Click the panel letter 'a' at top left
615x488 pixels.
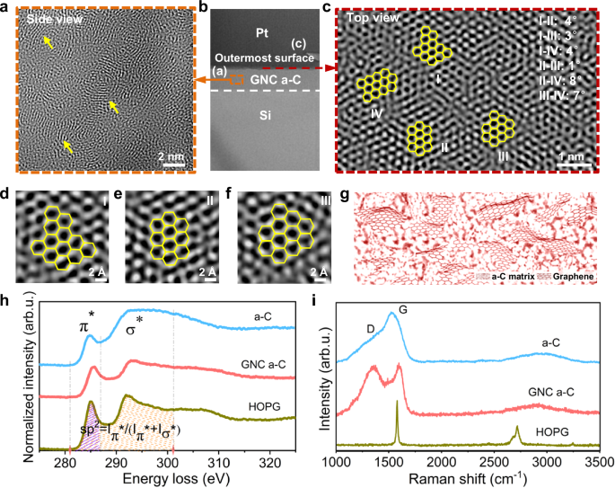[x=6, y=7]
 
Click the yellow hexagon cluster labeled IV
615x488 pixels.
[x=376, y=86]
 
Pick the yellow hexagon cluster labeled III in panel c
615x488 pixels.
[x=499, y=129]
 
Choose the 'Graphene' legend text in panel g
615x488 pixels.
[x=575, y=281]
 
